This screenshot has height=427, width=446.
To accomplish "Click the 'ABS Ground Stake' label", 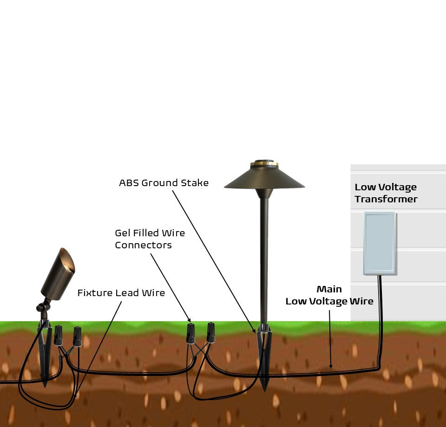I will coord(164,183).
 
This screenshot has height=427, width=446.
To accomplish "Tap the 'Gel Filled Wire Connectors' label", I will coord(150,239).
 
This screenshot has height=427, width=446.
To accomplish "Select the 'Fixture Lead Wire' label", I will coord(121,293).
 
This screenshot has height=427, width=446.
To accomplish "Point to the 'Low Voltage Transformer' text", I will coord(386,193).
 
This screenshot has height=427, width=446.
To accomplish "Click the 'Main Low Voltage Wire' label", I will coord(329,296).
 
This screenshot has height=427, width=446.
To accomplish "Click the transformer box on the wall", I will coord(380,243).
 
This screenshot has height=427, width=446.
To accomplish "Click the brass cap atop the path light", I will coord(264,163).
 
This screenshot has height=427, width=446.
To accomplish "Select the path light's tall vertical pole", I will coord(264,260).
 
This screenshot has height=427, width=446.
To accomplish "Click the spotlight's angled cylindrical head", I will coord(58,274).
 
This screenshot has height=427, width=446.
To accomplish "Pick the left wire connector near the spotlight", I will coord(58,335).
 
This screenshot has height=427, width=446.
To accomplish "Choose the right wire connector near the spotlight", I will coord(77,334).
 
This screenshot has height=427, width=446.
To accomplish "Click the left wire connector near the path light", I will coord(190,333).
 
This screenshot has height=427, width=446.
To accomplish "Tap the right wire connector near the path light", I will coord(210,332).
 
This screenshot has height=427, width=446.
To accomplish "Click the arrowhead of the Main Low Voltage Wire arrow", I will coord(330,367).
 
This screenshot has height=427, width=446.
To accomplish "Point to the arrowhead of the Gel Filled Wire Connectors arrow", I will coord(189,320).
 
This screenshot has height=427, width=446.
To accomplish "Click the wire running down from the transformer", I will coord(381,320).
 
